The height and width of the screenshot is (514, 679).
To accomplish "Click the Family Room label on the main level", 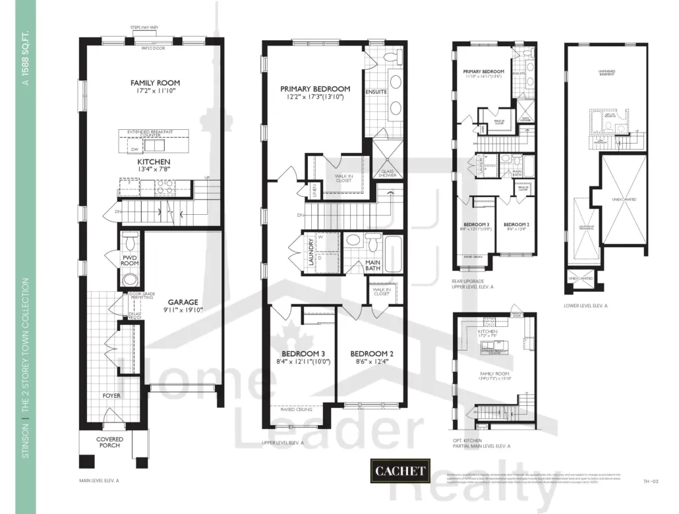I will click(x=155, y=83).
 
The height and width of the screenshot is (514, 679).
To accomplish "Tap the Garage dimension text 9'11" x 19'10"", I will click(x=173, y=312).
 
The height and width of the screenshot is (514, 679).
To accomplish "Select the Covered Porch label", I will click(x=109, y=443).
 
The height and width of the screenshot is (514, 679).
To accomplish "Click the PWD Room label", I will click(x=129, y=259).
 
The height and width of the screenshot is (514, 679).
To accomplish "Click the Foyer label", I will click(x=111, y=395).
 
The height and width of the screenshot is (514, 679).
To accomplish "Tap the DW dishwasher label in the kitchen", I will click(x=125, y=150).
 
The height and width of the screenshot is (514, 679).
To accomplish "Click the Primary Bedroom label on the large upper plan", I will click(x=314, y=88).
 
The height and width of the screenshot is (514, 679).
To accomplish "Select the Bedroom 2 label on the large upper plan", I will click(x=371, y=353).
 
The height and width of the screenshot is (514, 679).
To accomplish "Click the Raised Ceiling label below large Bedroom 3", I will click(x=296, y=409).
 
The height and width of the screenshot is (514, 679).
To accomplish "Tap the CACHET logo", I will click(x=401, y=471).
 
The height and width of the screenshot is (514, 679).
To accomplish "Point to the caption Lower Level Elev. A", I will click(x=585, y=306).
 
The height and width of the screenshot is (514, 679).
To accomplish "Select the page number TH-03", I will click(x=651, y=482).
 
